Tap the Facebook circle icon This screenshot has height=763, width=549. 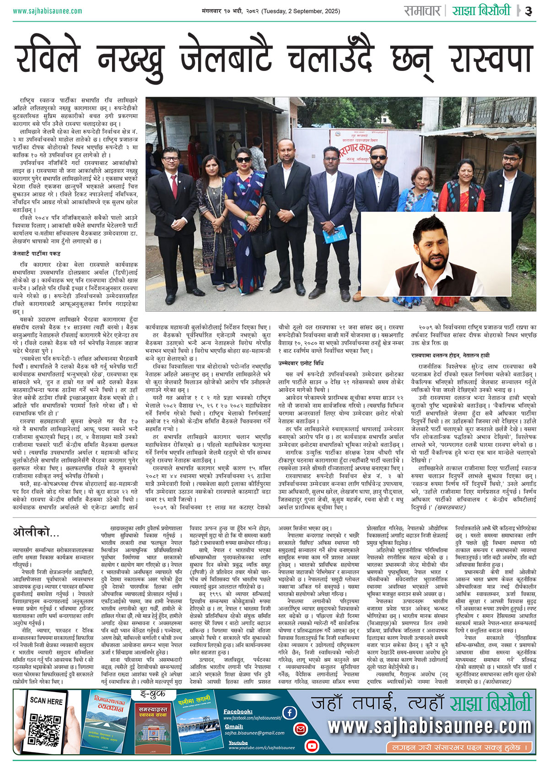point(289,712)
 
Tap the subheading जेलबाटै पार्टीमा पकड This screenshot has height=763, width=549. point(37,254)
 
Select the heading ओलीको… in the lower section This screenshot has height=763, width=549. point(36,532)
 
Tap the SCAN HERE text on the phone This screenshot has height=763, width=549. point(46,701)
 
